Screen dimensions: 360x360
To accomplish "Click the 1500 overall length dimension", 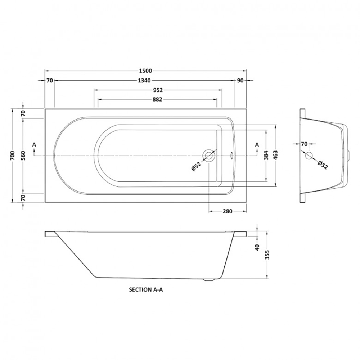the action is [x=145, y=71].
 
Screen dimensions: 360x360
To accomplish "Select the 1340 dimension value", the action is [x=144, y=81].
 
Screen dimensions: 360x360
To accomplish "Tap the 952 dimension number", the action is [x=158, y=90].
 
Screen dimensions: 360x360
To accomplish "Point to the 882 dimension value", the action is [x=157, y=99].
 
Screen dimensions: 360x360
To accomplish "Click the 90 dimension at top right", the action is [x=240, y=81].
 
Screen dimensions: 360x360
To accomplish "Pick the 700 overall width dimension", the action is [x=13, y=156].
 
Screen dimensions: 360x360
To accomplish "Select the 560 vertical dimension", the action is [x=23, y=156].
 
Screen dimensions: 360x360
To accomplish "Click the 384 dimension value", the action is [x=266, y=156].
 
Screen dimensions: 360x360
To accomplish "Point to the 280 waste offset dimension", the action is [x=228, y=211].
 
